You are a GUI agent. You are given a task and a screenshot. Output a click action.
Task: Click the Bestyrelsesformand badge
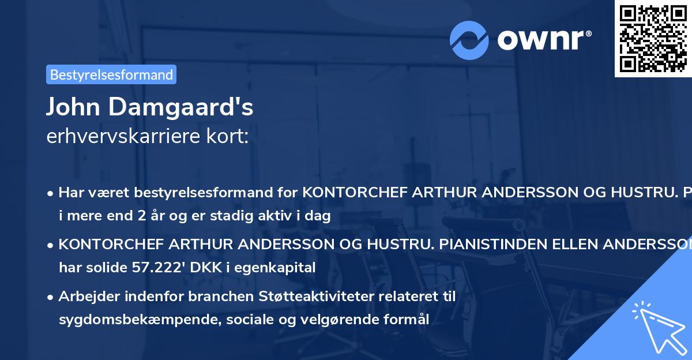[111, 74]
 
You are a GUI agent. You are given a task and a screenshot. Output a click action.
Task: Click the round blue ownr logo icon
[469, 40]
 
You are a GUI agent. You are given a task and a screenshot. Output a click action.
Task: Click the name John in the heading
[72, 107]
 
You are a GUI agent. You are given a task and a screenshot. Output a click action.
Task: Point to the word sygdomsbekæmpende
[131, 319]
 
